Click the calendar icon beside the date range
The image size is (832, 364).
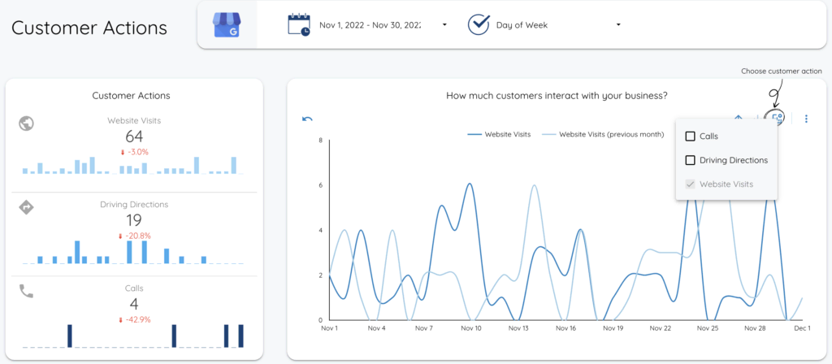299,25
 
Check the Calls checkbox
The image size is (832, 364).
691,136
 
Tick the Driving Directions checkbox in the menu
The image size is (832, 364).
691,160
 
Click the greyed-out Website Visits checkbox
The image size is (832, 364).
691,184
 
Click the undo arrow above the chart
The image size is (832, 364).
307,119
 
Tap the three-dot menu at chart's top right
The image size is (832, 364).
806,119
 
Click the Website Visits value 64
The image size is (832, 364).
134,136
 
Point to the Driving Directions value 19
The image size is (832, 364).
134,220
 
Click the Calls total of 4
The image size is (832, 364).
134,305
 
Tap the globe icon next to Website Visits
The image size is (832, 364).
26,123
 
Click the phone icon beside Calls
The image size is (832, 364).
26,291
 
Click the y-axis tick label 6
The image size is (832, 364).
321,185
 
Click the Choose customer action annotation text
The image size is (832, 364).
782,71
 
